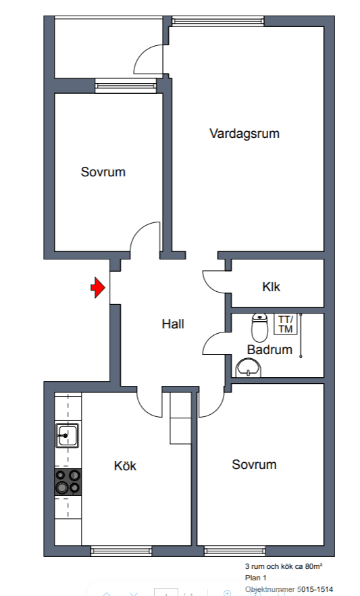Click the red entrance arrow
pyautogui.click(x=98, y=287)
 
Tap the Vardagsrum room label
pyautogui.click(x=245, y=133)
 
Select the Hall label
pyautogui.click(x=173, y=324)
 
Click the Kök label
pyautogui.click(x=125, y=466)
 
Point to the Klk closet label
pyautogui.click(x=271, y=287)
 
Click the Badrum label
pyautogui.click(x=269, y=349)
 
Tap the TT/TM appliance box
pyautogui.click(x=286, y=324)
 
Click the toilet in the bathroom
pyautogui.click(x=260, y=327)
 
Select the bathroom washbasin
pyautogui.click(x=249, y=368)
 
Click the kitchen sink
pyautogui.click(x=68, y=435)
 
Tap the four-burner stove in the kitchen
pyautogui.click(x=68, y=482)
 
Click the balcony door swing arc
pyautogui.click(x=143, y=53)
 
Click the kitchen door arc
pyautogui.click(x=143, y=409)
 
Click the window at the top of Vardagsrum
pyautogui.click(x=217, y=22)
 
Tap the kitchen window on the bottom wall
pyautogui.click(x=121, y=551)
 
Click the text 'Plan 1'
pyautogui.click(x=255, y=578)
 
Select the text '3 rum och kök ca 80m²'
pyautogui.click(x=284, y=566)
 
